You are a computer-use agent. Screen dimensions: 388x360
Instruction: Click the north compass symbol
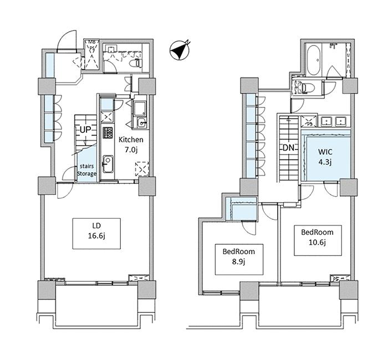(x=179, y=50)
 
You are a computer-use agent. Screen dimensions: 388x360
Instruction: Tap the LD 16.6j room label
(x=96, y=231)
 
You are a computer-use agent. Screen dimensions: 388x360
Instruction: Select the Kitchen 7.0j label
(x=131, y=145)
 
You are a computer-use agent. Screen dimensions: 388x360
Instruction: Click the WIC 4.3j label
(x=325, y=157)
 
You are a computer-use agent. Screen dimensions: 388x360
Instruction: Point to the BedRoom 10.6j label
(x=317, y=238)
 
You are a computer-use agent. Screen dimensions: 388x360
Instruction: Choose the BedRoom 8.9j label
(x=239, y=256)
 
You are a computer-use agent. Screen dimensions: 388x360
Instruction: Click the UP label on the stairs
(x=85, y=130)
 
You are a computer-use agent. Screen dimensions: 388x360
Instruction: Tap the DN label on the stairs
(x=288, y=148)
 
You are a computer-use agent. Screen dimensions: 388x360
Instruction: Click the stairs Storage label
(x=86, y=169)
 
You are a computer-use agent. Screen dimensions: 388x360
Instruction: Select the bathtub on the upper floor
(x=314, y=60)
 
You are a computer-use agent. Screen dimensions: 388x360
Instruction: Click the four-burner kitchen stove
(x=108, y=133)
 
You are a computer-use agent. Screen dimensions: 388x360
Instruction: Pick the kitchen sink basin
(x=108, y=164)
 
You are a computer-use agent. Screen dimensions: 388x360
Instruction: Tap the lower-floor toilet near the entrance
(x=136, y=63)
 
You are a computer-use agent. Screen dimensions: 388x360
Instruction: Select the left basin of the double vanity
(x=327, y=121)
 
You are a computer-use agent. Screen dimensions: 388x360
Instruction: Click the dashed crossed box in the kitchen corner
(x=142, y=169)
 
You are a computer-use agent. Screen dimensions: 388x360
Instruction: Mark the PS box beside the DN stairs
(x=309, y=121)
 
